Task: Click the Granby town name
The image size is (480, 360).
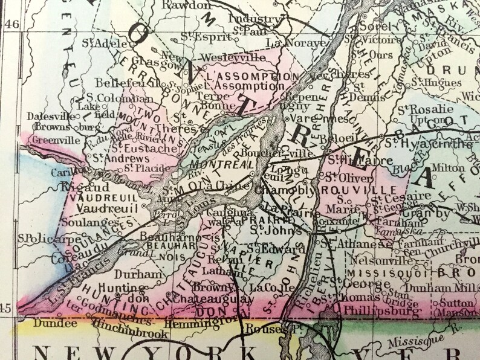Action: [433, 213]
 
